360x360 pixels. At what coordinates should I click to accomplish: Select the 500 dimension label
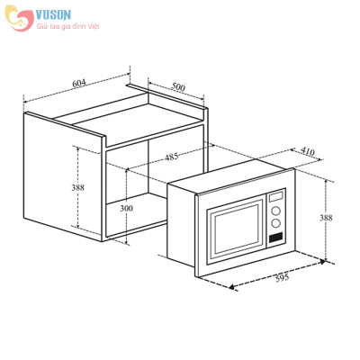[178, 87]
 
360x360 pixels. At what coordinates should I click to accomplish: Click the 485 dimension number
[171, 157]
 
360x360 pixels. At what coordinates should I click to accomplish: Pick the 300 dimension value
[126, 209]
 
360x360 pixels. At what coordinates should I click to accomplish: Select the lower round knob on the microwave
[276, 225]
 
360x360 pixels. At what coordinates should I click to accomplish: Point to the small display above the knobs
[277, 196]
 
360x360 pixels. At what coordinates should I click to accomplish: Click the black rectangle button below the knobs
[276, 239]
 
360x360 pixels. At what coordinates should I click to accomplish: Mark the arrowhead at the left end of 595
[233, 288]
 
